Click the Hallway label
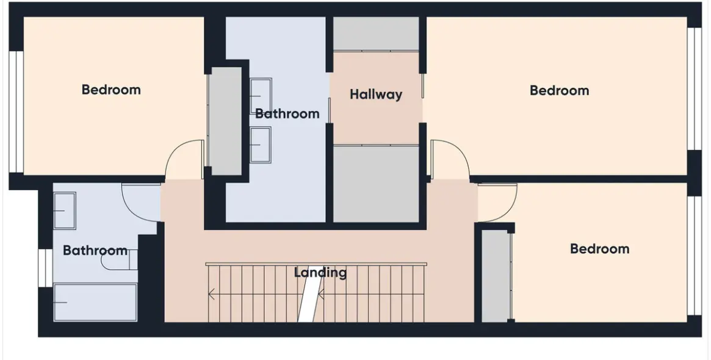(x=376, y=95)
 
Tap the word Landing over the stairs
(x=320, y=273)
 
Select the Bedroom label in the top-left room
(x=111, y=89)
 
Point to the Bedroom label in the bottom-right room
(x=599, y=248)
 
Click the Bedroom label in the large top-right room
(x=559, y=90)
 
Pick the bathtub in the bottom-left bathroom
(x=95, y=303)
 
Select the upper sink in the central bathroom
(x=261, y=96)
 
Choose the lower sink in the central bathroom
(x=261, y=145)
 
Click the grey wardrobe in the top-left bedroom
(x=225, y=121)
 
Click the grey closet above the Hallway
(x=376, y=34)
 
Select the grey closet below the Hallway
(x=376, y=184)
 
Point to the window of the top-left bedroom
(x=16, y=112)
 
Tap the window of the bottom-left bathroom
(x=45, y=268)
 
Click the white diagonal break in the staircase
(x=310, y=299)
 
